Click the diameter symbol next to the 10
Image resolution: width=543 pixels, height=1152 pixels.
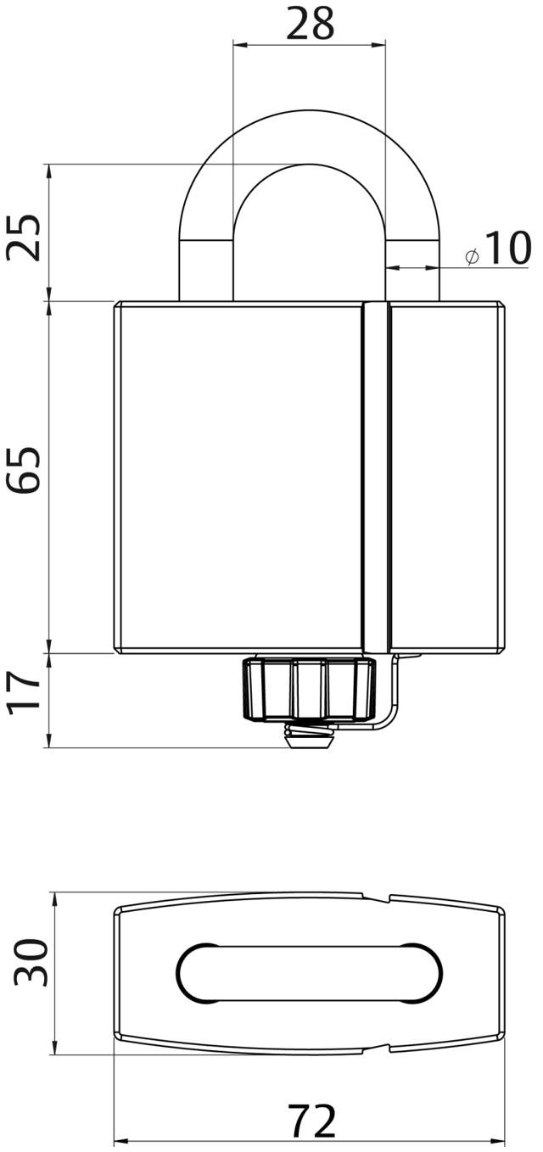(x=473, y=255)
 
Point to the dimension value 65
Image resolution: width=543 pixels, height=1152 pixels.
(x=25, y=468)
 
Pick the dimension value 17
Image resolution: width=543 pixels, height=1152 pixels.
(x=25, y=692)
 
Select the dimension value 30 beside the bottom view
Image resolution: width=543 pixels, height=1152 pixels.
(x=31, y=962)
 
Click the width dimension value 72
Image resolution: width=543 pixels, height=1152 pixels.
(x=312, y=1122)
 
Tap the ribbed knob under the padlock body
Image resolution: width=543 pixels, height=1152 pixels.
(x=309, y=688)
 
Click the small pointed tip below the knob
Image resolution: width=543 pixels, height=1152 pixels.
(x=309, y=741)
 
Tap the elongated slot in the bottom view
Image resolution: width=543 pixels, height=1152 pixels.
(x=310, y=972)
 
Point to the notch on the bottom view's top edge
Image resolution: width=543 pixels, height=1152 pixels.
(x=378, y=897)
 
